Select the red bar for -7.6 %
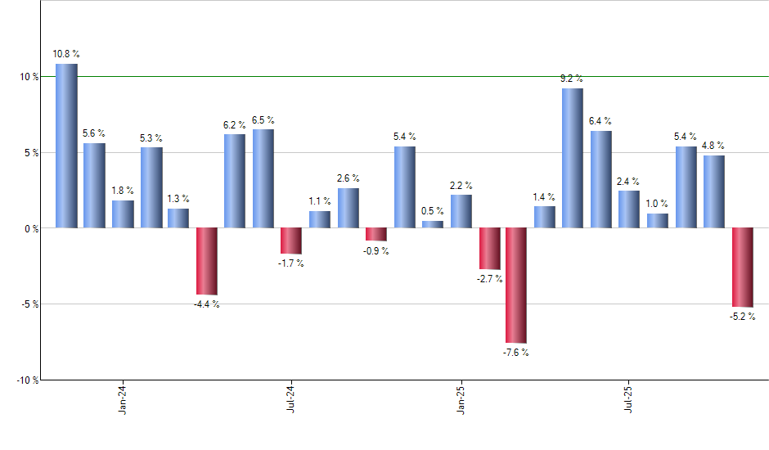point(516,286)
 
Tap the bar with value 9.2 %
point(573,158)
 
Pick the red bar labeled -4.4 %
point(206,261)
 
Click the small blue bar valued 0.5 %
point(433,224)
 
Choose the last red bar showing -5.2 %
point(742,268)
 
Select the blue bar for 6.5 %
point(263,178)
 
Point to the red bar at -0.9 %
point(376,235)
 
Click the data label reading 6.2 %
point(235,125)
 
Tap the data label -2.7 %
point(489,279)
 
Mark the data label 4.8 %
point(713,146)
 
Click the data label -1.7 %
point(291,263)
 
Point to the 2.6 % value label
point(348,178)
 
